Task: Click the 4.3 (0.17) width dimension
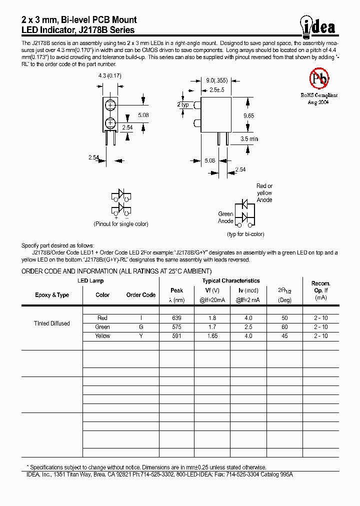[x=110, y=75]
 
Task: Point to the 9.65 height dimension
[x=248, y=115]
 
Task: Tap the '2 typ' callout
[x=183, y=104]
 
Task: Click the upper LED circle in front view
[x=111, y=105]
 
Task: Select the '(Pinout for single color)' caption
[x=120, y=224]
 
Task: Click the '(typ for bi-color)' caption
[x=245, y=234]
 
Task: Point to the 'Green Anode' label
[x=225, y=217]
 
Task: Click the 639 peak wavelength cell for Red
[x=176, y=318]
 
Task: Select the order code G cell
[x=141, y=327]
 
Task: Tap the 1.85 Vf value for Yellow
[x=212, y=336]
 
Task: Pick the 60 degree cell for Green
[x=284, y=327]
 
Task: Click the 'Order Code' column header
[x=141, y=295]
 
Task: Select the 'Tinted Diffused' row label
[x=52, y=323]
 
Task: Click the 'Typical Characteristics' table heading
[x=231, y=281]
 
